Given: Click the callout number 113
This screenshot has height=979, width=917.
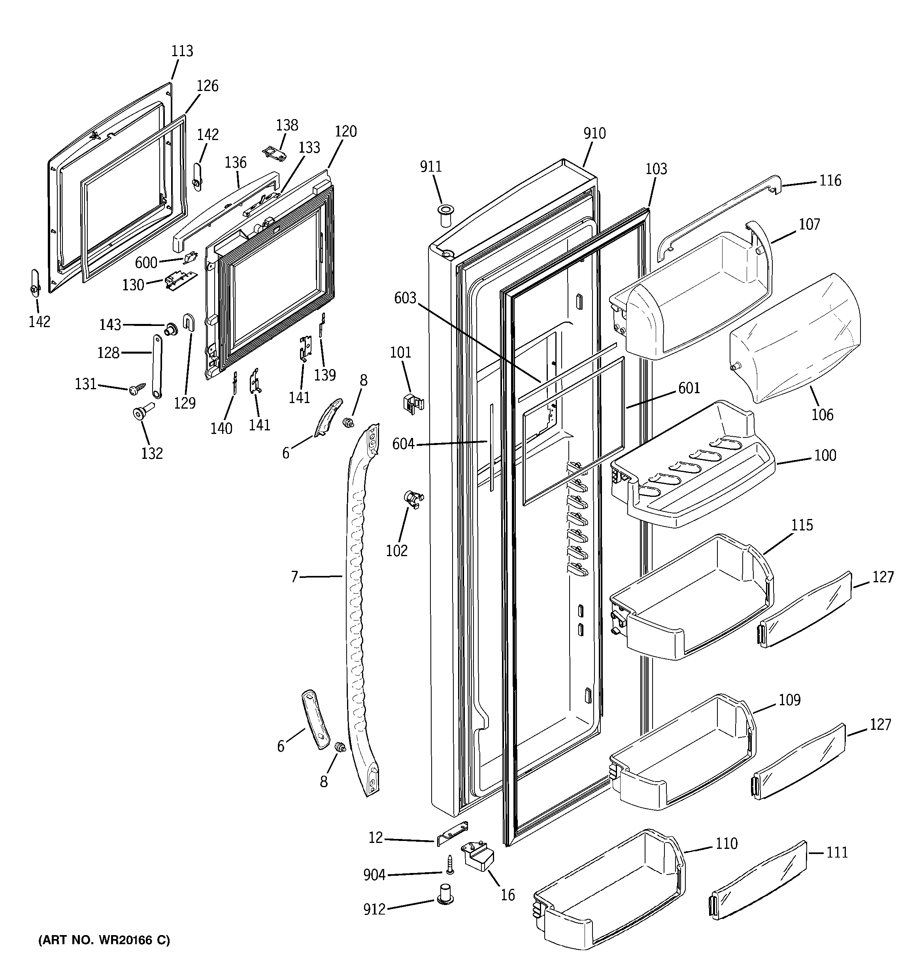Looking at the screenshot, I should coord(182,51).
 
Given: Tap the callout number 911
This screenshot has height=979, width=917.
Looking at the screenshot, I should coord(431,167).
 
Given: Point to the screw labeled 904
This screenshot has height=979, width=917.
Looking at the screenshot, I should coord(449,865).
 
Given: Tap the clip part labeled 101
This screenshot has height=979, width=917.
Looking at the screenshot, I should coord(412,402).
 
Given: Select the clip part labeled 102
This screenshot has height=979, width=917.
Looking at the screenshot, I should coord(413,498).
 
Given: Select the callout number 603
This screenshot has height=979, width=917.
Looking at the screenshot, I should coord(405,298).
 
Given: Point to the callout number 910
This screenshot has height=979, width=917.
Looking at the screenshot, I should coord(594,133).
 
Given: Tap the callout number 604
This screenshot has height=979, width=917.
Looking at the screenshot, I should coord(403,444).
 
